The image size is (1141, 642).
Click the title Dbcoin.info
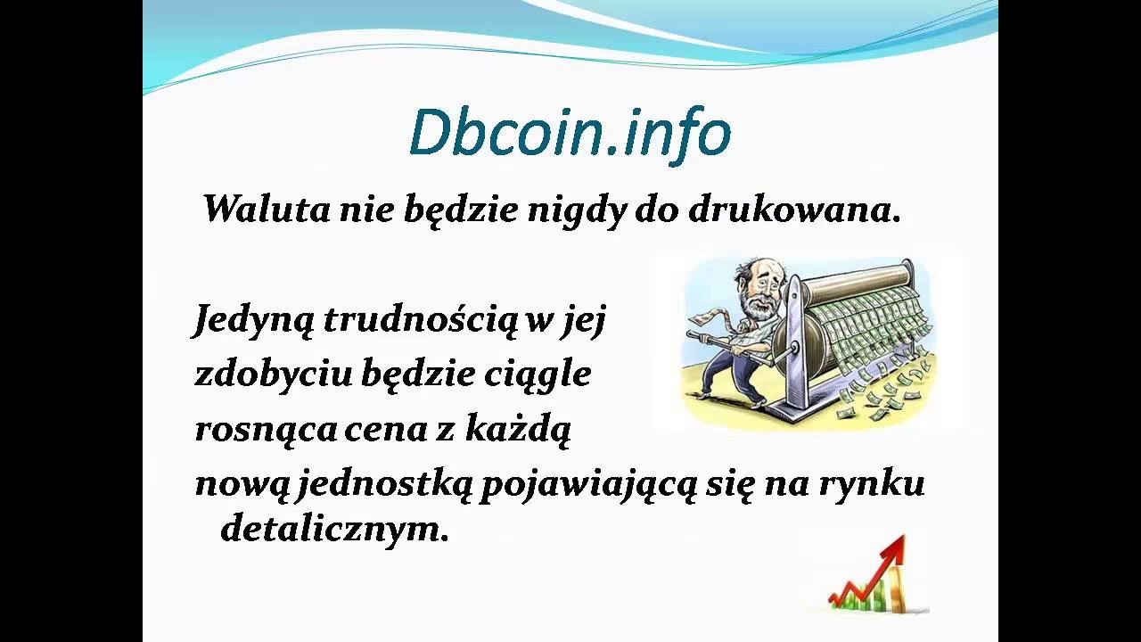pos(570,134)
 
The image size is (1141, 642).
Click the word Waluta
pos(267,210)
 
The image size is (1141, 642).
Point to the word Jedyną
pos(252,322)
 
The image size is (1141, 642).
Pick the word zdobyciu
pos(274,374)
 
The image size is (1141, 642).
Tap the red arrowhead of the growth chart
pos(893,547)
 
